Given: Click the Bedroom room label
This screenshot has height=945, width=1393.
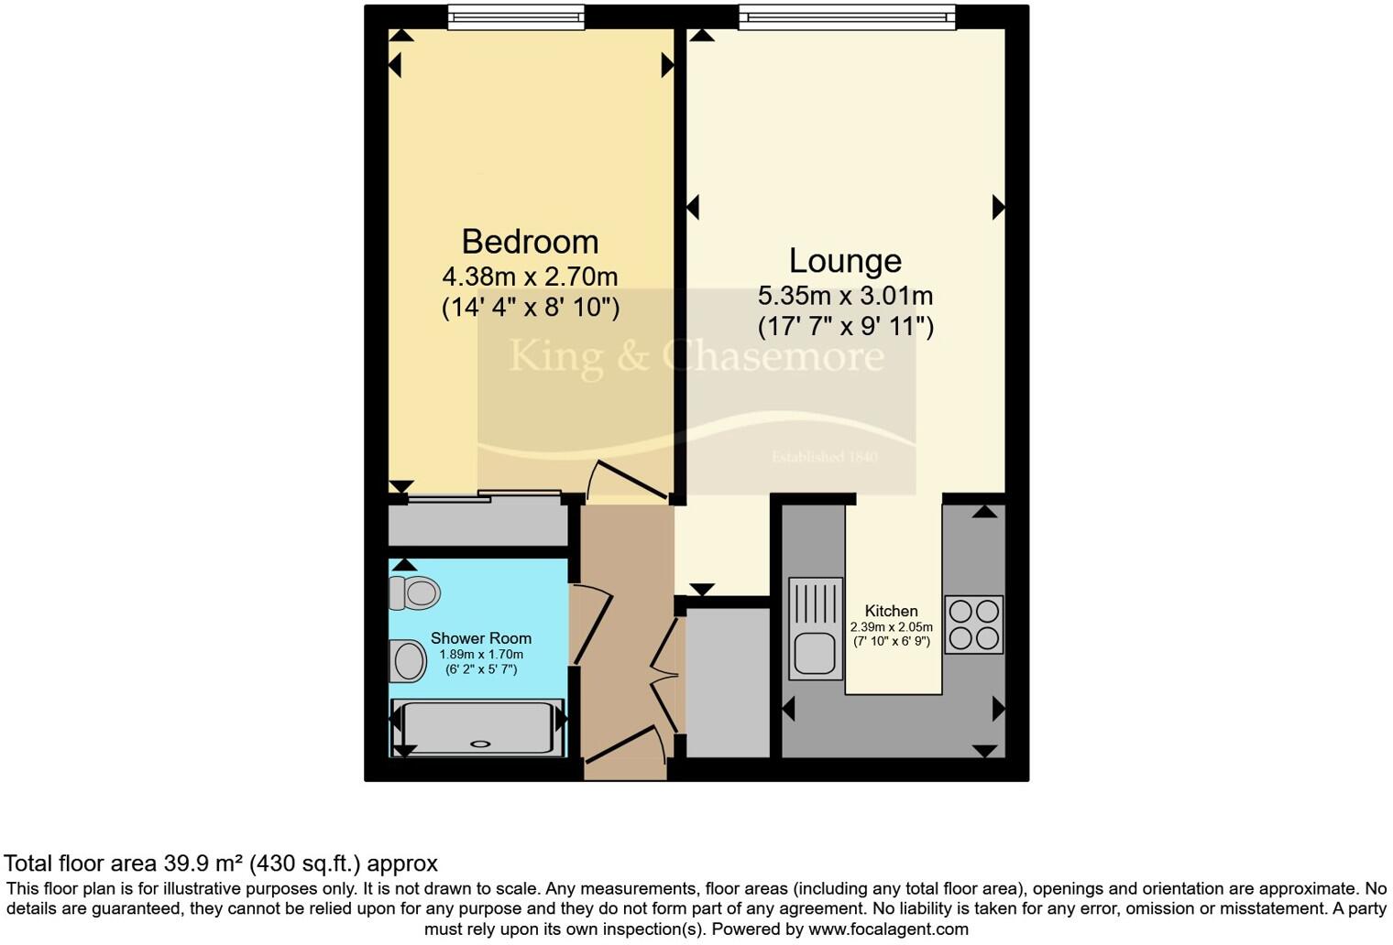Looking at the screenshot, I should tap(530, 242).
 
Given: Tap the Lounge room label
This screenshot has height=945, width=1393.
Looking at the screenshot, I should tap(845, 261).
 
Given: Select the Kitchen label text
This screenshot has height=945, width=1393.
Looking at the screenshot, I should tap(891, 611).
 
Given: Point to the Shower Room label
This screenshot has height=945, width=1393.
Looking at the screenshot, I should tap(481, 638).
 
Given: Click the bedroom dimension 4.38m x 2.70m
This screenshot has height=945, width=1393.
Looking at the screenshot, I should tap(530, 276).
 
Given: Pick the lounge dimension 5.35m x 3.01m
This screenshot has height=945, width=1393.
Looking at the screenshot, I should tap(845, 296).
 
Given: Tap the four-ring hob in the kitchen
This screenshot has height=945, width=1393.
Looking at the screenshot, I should tap(973, 624).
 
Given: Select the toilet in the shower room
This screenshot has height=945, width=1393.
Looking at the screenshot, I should tap(414, 593).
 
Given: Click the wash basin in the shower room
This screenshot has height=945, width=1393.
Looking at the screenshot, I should tap(408, 660).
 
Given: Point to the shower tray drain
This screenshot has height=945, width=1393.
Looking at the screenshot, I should tap(481, 744).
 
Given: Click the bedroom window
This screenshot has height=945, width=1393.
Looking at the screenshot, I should tap(516, 16).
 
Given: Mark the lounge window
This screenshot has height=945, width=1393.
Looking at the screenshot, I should tap(847, 16).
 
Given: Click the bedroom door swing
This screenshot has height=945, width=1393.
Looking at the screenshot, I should tap(628, 479).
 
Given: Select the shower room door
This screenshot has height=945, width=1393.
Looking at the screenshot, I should tap(588, 626).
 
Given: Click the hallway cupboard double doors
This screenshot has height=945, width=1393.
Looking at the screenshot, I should tap(666, 676).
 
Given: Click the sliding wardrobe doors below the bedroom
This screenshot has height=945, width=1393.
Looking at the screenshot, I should tap(483, 497).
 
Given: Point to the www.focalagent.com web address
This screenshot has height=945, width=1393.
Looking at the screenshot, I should tap(886, 929).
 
